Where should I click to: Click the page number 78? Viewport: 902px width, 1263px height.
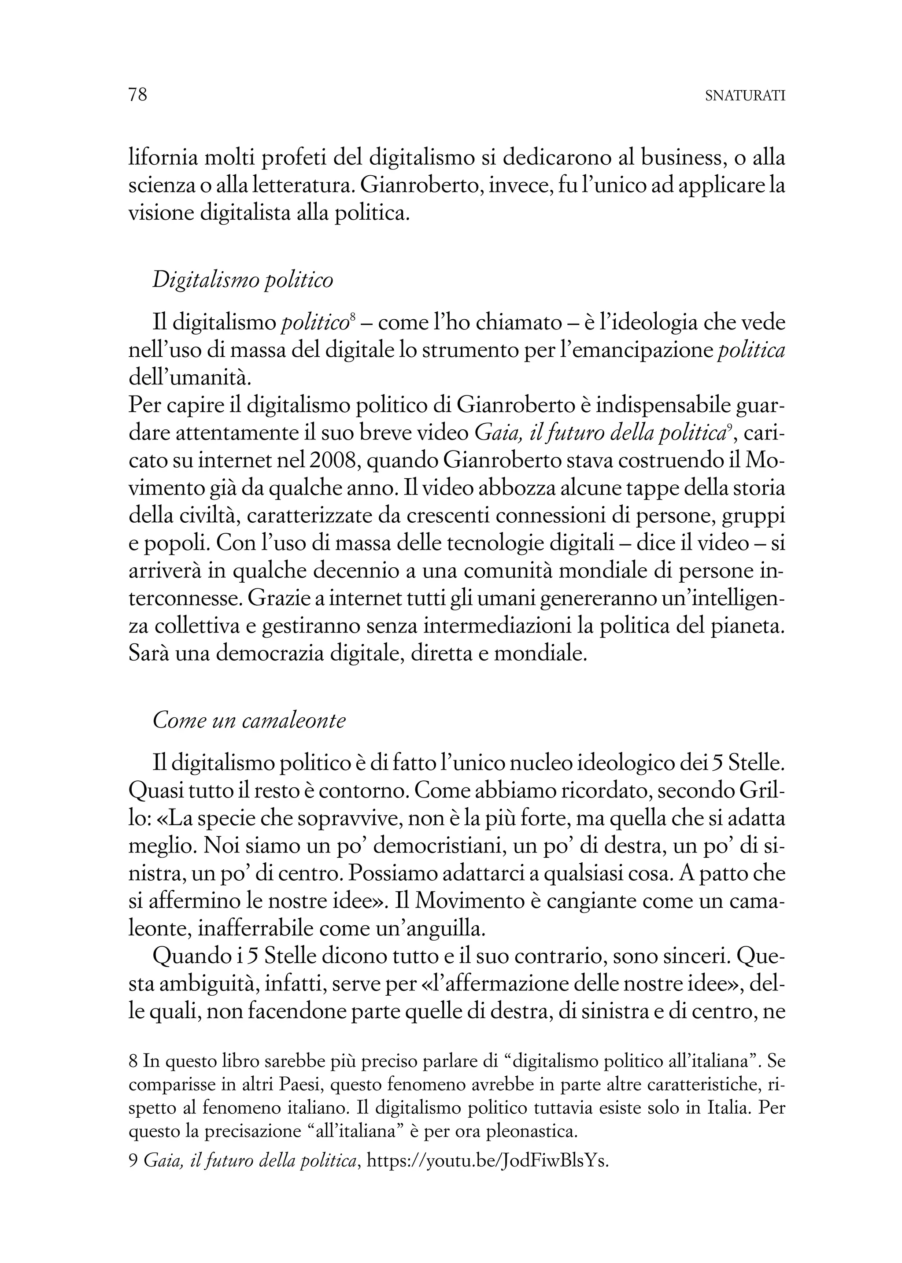[138, 95]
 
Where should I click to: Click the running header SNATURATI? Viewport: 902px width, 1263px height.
[744, 96]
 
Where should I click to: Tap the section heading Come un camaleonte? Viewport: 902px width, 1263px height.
[249, 720]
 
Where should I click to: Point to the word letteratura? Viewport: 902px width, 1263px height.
[301, 186]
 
